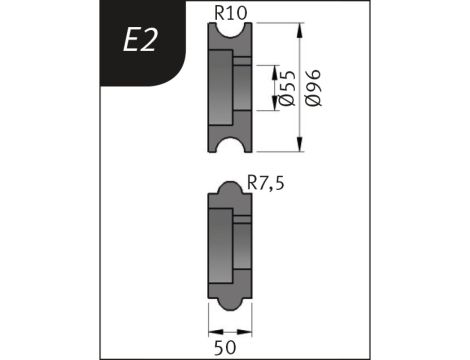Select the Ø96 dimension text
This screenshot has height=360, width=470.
pos(312,89)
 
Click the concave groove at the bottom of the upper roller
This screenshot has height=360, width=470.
pos(229,148)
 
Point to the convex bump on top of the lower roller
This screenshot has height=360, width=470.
pos(228,186)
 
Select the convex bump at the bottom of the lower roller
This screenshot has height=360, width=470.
pos(228,303)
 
